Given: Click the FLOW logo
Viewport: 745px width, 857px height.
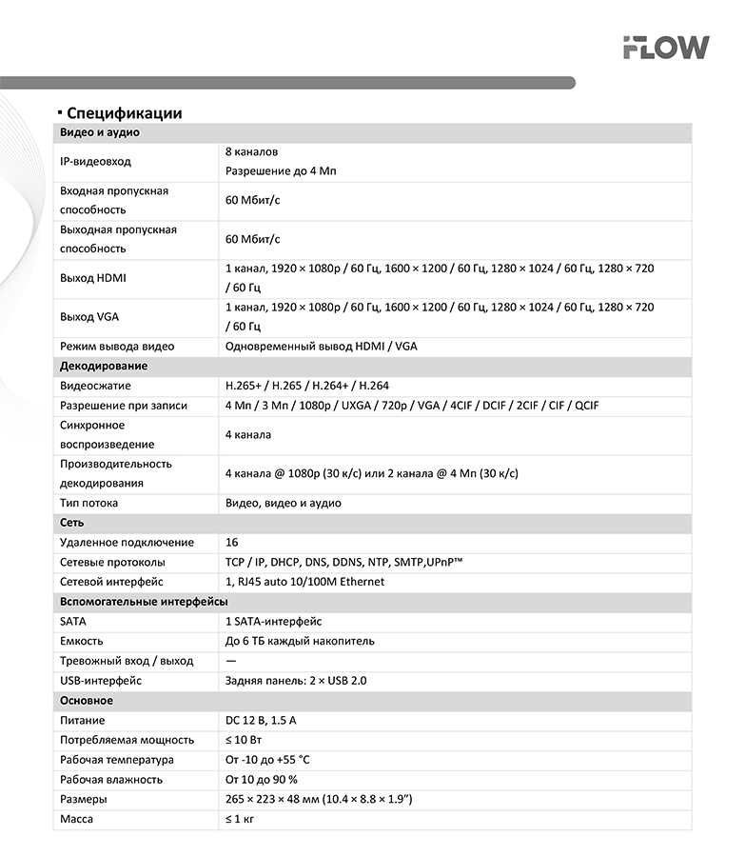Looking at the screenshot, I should click(665, 48).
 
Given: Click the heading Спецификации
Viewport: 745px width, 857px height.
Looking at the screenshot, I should click(124, 113).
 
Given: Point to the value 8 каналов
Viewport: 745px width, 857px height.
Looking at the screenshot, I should click(251, 151).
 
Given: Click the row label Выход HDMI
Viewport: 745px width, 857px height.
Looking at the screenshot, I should click(92, 278).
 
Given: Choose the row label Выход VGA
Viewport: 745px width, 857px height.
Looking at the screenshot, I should click(88, 317).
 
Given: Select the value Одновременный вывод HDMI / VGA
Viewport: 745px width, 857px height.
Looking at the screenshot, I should click(321, 347).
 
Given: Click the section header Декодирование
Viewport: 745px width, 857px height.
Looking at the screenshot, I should click(103, 367).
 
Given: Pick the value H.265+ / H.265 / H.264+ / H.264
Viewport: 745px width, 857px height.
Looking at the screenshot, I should click(306, 386).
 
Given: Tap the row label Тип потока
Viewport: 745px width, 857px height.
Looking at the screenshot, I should click(88, 503).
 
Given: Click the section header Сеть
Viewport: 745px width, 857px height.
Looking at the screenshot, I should click(71, 523).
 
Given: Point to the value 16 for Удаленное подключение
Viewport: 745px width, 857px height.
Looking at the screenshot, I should click(231, 543).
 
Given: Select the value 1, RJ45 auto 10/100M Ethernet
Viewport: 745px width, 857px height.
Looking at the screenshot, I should click(304, 582).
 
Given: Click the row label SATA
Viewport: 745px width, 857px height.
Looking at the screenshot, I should click(72, 621).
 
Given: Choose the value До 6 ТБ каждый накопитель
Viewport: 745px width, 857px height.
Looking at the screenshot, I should click(300, 641).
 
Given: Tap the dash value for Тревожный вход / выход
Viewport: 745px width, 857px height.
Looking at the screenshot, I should click(230, 661).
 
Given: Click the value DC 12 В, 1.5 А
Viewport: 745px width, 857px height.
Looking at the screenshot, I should click(261, 721).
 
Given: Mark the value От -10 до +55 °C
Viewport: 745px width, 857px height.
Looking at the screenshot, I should click(267, 760).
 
